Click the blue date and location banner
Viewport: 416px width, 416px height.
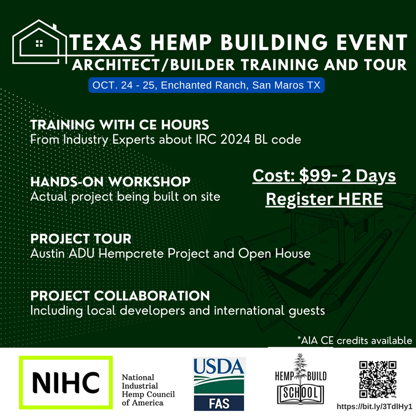(x=206, y=86)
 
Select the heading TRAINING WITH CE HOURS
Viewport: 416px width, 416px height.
(x=120, y=124)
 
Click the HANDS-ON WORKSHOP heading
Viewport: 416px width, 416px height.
(x=110, y=182)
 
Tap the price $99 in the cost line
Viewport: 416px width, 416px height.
(x=313, y=176)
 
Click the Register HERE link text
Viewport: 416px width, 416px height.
(x=324, y=199)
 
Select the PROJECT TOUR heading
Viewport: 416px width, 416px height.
(x=81, y=239)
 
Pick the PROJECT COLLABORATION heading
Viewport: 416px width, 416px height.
(x=120, y=296)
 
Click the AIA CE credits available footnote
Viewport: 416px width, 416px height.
(x=354, y=340)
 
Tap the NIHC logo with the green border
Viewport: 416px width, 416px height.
(x=65, y=382)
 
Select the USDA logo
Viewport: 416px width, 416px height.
(x=219, y=375)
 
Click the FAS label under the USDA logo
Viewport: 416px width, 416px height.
(x=219, y=402)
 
